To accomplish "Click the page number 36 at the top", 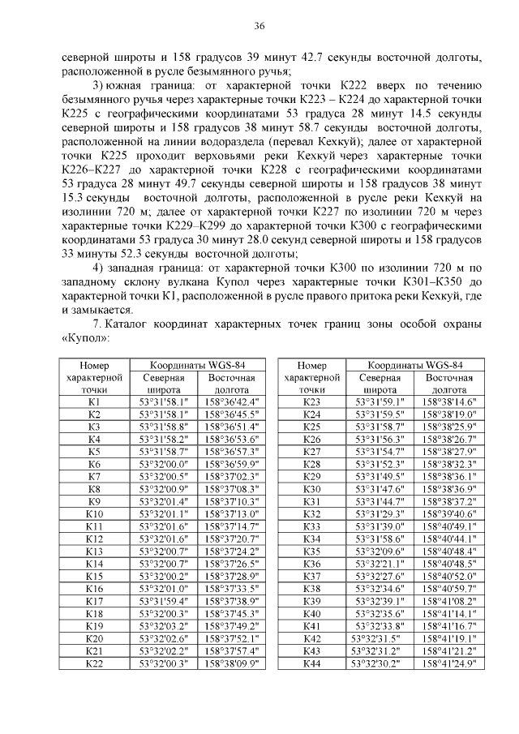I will click(259, 26).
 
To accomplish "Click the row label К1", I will click(94, 402).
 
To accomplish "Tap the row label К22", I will click(94, 663).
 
